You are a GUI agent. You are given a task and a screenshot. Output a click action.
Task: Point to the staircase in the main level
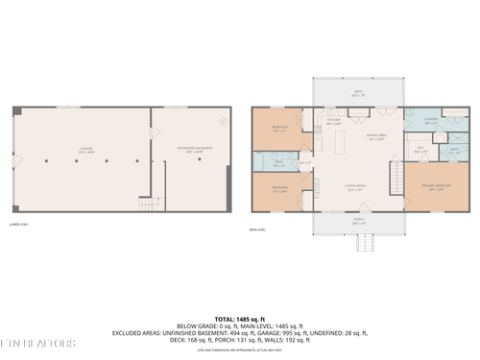[x=394, y=176]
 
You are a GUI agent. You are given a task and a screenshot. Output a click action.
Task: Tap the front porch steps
[x=364, y=243]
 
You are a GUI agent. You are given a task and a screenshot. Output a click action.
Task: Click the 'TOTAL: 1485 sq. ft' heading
[x=240, y=318]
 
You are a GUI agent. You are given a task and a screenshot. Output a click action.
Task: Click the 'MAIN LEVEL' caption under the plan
[x=257, y=227]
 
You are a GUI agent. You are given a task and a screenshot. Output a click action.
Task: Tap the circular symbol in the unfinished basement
[x=223, y=121]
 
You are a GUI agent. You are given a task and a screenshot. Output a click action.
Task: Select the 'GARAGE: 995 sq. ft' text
[x=287, y=332]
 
